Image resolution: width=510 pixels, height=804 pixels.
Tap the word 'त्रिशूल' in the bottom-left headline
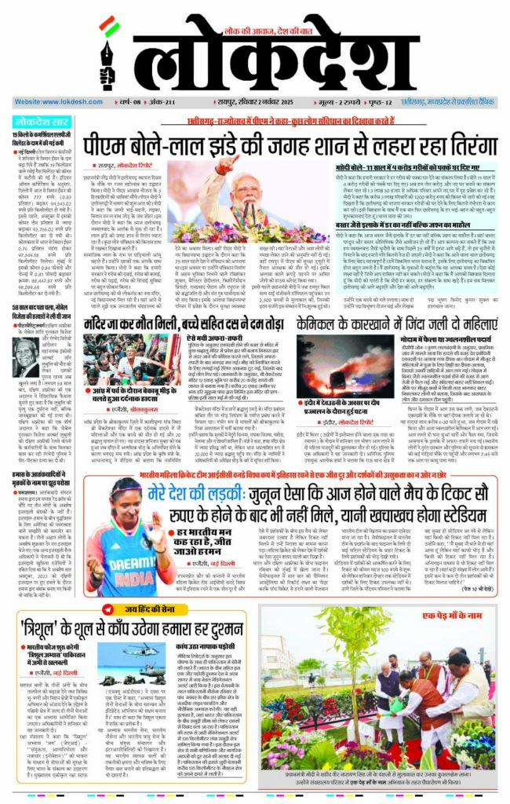tap(47, 628)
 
